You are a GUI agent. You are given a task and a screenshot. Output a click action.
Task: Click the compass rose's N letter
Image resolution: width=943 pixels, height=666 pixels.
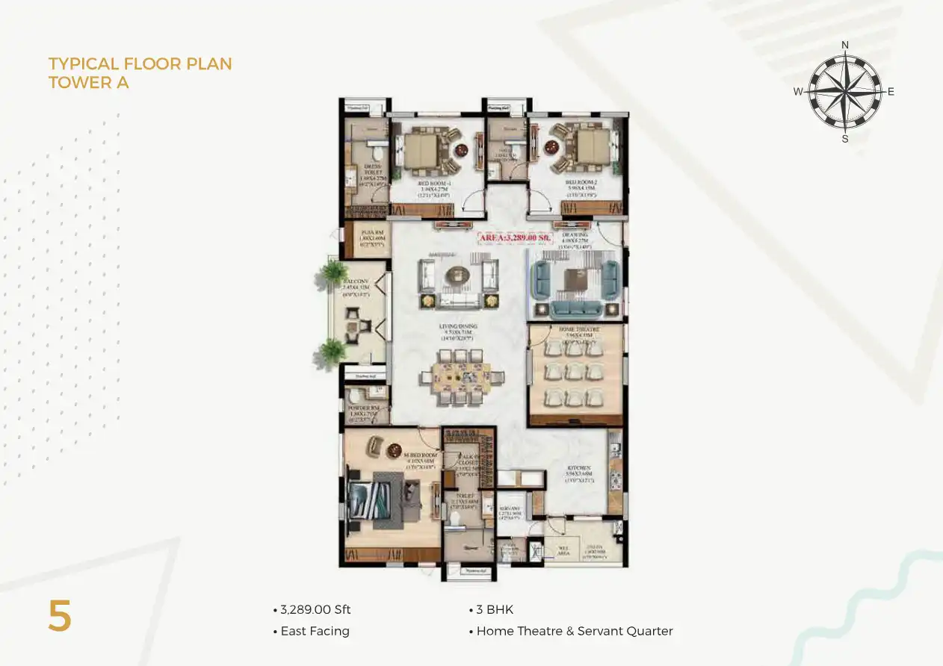(x=845, y=45)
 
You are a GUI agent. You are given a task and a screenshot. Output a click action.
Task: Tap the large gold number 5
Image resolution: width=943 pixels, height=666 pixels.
(x=60, y=617)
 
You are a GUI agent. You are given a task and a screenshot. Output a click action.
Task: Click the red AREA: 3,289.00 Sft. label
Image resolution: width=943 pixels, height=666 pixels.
(x=516, y=238)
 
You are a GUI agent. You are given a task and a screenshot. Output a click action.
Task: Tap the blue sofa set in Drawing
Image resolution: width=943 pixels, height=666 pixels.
(x=574, y=286)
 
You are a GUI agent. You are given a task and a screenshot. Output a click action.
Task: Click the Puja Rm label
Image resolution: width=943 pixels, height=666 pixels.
(x=368, y=233)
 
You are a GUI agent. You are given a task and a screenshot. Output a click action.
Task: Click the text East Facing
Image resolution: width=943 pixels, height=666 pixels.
(x=315, y=631)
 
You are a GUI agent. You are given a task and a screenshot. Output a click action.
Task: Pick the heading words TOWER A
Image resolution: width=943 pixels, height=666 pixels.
(x=88, y=82)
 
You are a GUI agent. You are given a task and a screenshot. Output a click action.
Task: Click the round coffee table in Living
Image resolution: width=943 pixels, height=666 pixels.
(x=455, y=276)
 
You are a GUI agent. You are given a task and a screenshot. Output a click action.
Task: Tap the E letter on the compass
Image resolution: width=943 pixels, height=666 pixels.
(x=891, y=92)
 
